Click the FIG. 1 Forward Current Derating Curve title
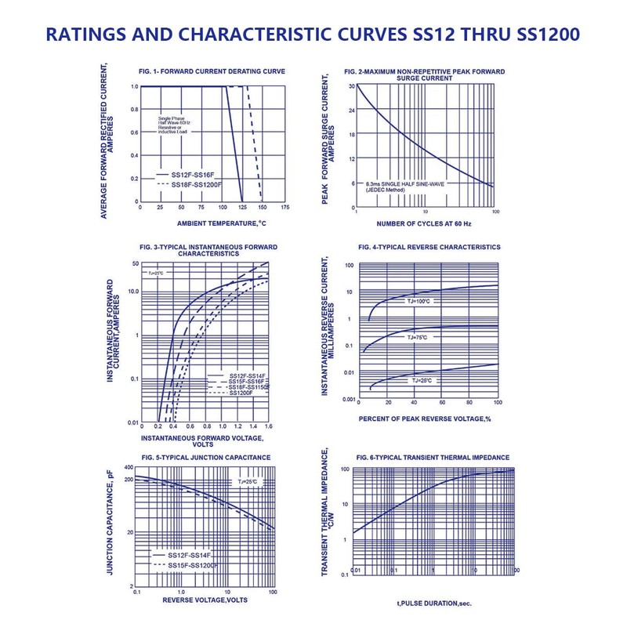click(212, 71)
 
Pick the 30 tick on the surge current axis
click(352, 85)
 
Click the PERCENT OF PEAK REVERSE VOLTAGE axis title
click(424, 419)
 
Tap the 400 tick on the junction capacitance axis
click(129, 467)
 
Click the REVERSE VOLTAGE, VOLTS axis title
click(205, 600)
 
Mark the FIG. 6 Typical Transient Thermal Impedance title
click(433, 457)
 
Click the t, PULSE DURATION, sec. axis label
click(433, 603)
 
